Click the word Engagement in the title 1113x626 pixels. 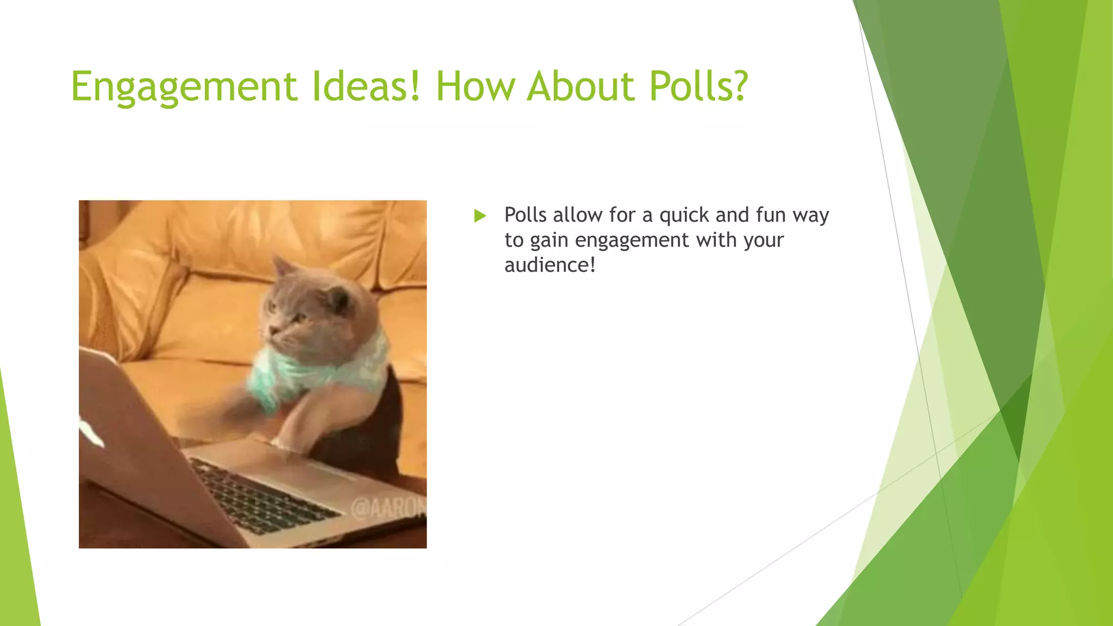184,87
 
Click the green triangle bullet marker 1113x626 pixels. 480,216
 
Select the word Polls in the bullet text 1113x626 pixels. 525,215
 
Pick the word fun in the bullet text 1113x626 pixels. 771,215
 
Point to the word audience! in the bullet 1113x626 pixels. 549,265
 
